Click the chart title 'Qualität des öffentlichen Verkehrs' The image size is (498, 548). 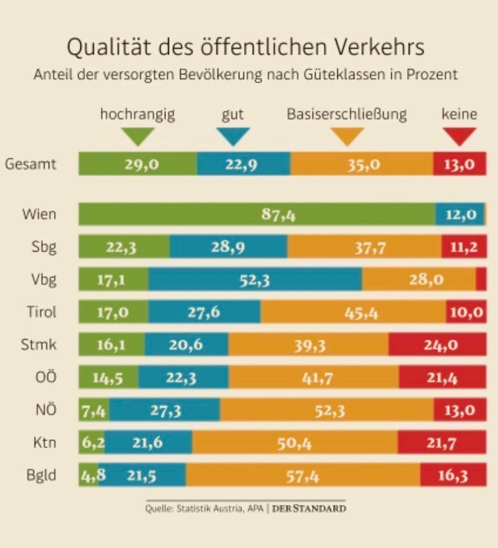(245, 47)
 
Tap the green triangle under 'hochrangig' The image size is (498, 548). (137, 136)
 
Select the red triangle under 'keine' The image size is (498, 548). (460, 136)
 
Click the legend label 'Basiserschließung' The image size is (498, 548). (347, 114)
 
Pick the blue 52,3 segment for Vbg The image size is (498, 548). (255, 280)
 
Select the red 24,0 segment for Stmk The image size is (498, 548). (437, 345)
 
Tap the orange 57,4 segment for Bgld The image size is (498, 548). (302, 476)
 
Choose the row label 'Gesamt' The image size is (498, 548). (31, 164)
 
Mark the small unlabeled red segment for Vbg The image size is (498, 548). (481, 280)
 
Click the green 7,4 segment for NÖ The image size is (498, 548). (93, 410)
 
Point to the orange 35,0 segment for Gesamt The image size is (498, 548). (362, 164)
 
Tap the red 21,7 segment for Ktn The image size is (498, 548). (441, 443)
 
